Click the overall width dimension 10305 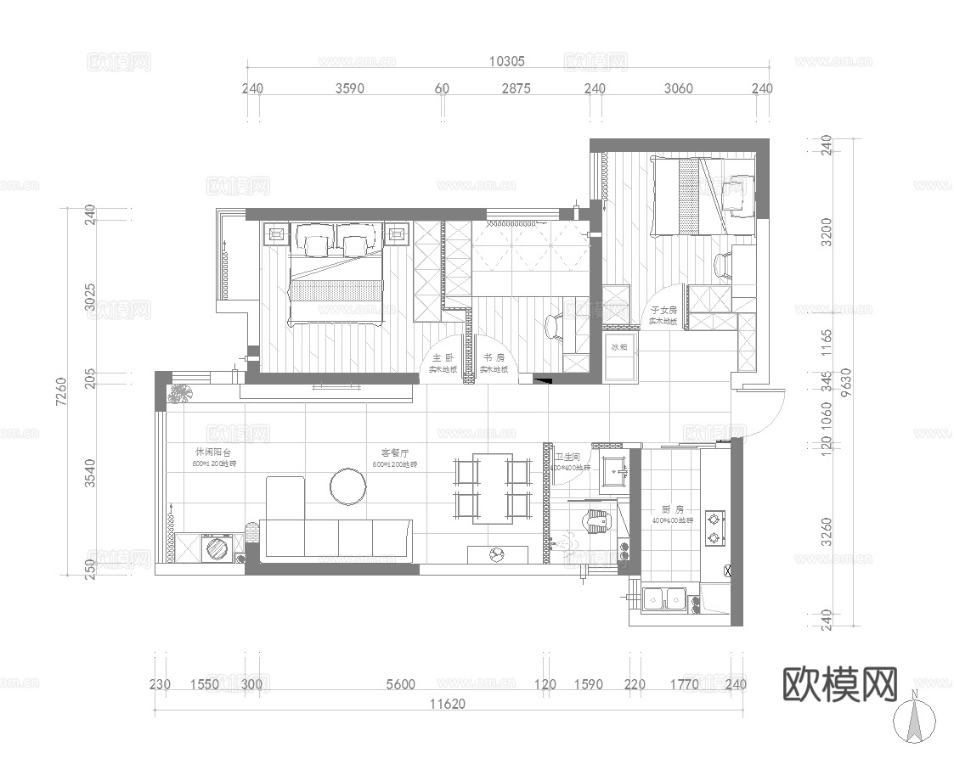507,61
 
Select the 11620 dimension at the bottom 447,703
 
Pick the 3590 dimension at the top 350,88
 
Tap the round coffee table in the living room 347,486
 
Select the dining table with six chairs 494,488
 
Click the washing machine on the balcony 217,547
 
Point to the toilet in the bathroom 599,520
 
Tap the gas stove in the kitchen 714,526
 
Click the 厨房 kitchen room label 673,509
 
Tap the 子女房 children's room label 663,311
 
